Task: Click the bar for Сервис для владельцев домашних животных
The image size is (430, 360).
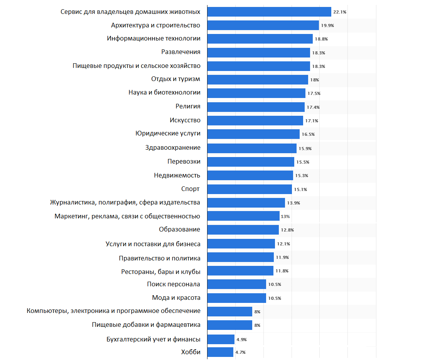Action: click(269, 12)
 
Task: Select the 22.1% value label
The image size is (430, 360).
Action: click(340, 12)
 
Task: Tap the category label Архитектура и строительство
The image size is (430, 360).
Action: click(155, 25)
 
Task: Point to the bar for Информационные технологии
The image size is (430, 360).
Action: click(260, 39)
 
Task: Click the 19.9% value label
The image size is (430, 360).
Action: click(327, 25)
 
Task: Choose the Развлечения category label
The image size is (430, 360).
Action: click(180, 52)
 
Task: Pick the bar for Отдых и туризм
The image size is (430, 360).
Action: click(258, 79)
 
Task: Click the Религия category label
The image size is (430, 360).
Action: click(188, 106)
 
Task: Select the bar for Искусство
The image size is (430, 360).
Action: click(255, 120)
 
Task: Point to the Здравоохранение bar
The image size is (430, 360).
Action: click(252, 148)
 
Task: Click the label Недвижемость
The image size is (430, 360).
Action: click(177, 175)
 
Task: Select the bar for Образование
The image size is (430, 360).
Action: click(243, 230)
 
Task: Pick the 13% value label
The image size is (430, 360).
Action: click(285, 216)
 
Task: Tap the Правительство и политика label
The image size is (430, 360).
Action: click(160, 258)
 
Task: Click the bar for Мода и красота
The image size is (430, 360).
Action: click(236, 298)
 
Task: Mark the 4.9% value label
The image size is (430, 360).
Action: click(241, 340)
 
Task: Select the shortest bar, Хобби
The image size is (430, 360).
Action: click(220, 352)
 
